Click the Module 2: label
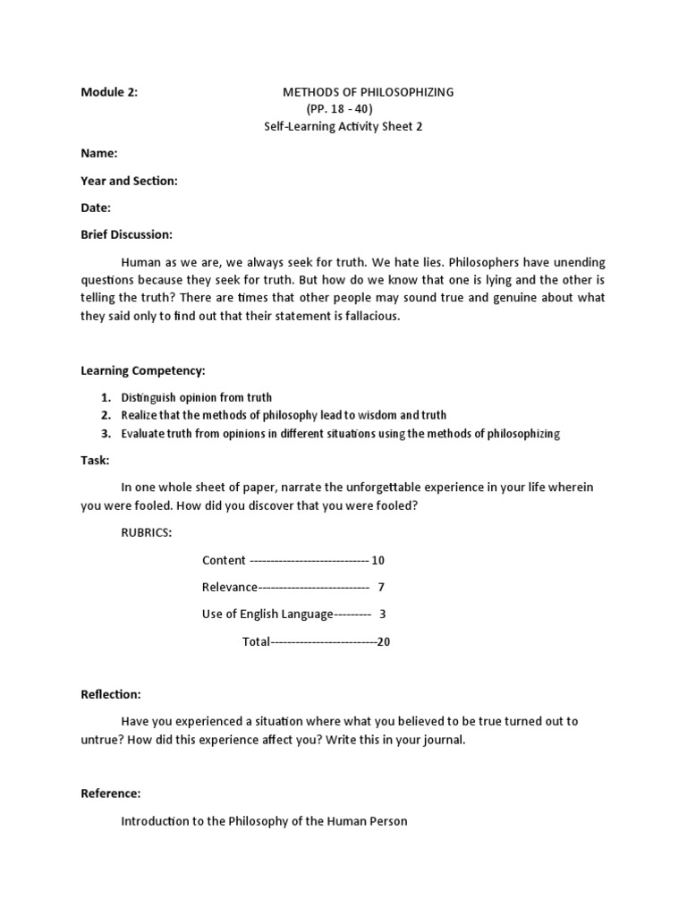pos(109,92)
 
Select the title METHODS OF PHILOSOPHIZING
pos(369,92)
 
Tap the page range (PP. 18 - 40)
pos(339,109)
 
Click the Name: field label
pos(99,154)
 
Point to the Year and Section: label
pos(129,181)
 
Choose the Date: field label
pos(96,208)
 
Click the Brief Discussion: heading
pos(126,234)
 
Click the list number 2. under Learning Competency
pos(106,415)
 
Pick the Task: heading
pos(96,460)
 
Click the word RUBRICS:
pos(147,532)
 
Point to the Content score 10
pos(377,561)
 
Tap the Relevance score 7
pos(381,588)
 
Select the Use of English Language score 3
pos(383,615)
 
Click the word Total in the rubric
pos(256,641)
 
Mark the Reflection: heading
pos(111,694)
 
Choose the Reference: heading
pos(110,793)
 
